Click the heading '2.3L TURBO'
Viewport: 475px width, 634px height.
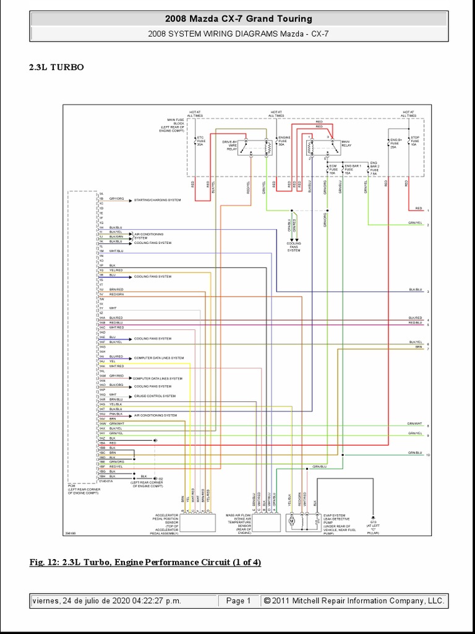(57, 67)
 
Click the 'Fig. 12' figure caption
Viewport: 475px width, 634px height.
(145, 562)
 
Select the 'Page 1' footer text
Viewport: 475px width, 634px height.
(238, 601)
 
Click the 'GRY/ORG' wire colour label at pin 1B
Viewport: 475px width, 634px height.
(116, 199)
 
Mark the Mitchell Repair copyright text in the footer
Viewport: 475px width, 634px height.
(353, 601)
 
